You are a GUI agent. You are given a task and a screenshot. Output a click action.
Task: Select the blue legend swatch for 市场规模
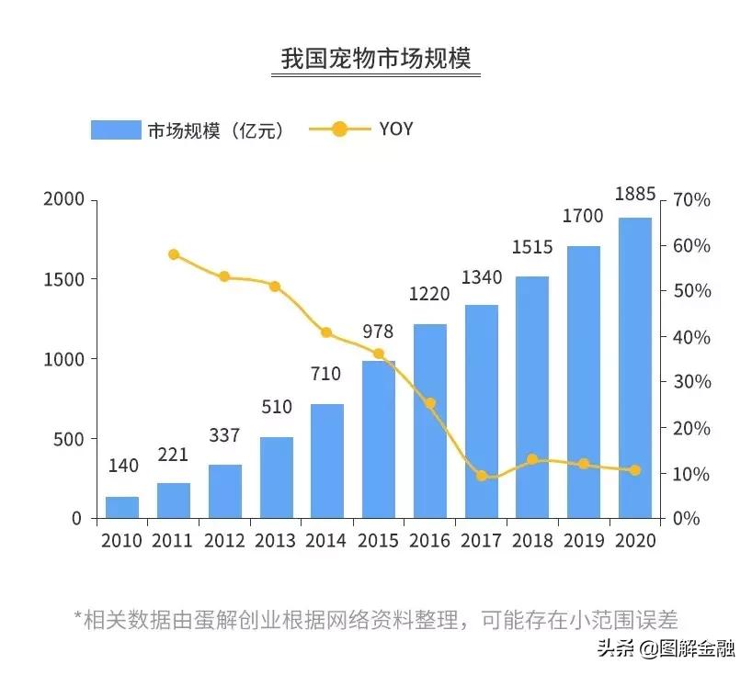point(116,129)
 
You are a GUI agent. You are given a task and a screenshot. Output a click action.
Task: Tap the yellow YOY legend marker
point(339,129)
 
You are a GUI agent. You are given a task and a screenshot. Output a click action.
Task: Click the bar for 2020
point(634,367)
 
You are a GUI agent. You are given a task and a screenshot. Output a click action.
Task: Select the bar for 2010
point(122,507)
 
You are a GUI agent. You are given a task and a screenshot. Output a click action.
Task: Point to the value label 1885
point(634,194)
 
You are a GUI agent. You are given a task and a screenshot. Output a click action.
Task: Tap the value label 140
point(122,466)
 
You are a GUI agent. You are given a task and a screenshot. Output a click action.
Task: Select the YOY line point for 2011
point(174,254)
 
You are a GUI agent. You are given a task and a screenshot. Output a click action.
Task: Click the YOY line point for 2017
point(482,476)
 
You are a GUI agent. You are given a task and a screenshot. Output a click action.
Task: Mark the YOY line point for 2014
point(326,332)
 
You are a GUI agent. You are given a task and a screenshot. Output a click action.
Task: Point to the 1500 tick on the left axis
point(63,279)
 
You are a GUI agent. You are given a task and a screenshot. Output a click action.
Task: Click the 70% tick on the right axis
point(691,200)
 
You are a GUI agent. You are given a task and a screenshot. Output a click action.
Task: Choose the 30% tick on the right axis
point(691,382)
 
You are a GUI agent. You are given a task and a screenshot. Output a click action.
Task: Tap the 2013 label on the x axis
point(276,540)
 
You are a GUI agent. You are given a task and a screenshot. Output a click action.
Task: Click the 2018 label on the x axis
point(532,540)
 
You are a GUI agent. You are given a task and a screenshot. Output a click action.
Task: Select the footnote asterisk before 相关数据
point(78,616)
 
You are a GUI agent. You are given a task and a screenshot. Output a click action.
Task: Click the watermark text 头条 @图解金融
point(666,649)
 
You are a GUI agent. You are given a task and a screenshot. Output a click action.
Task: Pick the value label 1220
point(430,295)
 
